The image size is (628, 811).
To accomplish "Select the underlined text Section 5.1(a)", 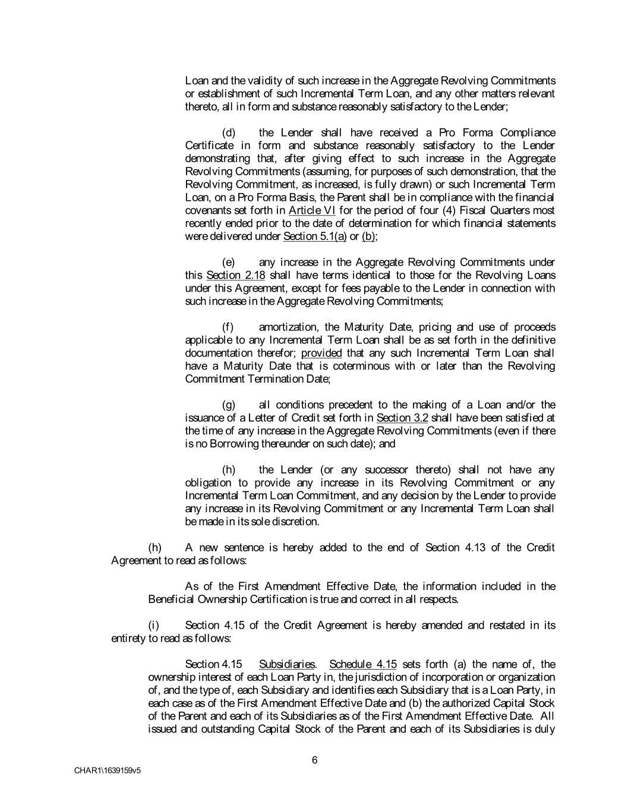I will click(x=315, y=236).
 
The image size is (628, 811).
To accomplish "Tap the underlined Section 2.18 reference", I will click(x=235, y=275).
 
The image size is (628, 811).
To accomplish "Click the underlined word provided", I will click(x=321, y=353).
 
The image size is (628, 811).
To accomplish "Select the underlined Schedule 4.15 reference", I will click(x=363, y=664).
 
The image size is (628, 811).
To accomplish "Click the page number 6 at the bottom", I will click(x=314, y=760).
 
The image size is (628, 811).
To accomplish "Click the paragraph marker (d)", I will click(x=229, y=132).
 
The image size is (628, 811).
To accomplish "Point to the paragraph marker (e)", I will click(x=229, y=262).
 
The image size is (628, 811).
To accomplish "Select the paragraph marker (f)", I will click(x=228, y=327).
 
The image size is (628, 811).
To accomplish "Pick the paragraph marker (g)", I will click(x=229, y=405).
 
